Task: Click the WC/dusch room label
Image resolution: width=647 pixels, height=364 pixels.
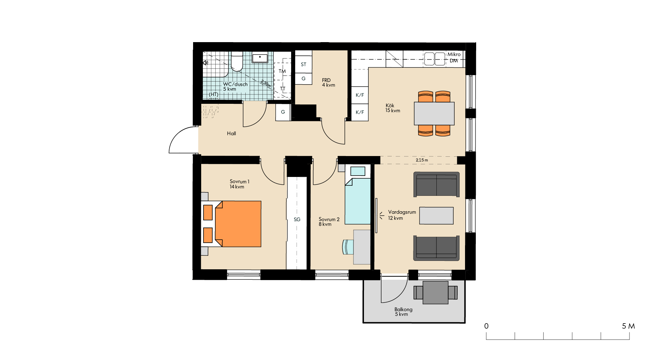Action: [235, 84]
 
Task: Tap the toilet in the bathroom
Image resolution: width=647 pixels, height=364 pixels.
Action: [237, 61]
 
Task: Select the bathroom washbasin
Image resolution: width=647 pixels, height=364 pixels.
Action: [260, 58]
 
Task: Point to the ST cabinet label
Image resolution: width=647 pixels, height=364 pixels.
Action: [304, 64]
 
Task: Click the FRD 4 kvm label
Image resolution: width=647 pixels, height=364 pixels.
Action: [329, 83]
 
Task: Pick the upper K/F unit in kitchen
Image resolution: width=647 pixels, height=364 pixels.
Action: [360, 95]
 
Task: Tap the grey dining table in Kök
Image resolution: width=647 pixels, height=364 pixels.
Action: [434, 113]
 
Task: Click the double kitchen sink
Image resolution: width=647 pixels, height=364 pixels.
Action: [434, 59]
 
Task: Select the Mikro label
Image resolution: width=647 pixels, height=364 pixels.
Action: [454, 54]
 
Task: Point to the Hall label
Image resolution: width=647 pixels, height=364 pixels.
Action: [232, 133]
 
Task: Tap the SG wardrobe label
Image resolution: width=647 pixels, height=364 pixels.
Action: [297, 219]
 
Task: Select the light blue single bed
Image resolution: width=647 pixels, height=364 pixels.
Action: [358, 194]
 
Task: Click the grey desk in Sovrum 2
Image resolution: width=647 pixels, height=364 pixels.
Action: [362, 247]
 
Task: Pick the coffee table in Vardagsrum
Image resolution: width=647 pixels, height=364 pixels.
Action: [436, 216]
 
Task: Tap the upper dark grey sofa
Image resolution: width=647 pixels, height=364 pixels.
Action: [436, 184]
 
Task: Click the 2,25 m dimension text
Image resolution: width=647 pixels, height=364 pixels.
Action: [422, 160]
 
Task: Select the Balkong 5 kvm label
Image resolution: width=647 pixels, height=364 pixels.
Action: [403, 312]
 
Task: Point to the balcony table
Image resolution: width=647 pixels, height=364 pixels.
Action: [436, 293]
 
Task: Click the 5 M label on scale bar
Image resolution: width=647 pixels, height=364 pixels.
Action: [628, 326]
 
